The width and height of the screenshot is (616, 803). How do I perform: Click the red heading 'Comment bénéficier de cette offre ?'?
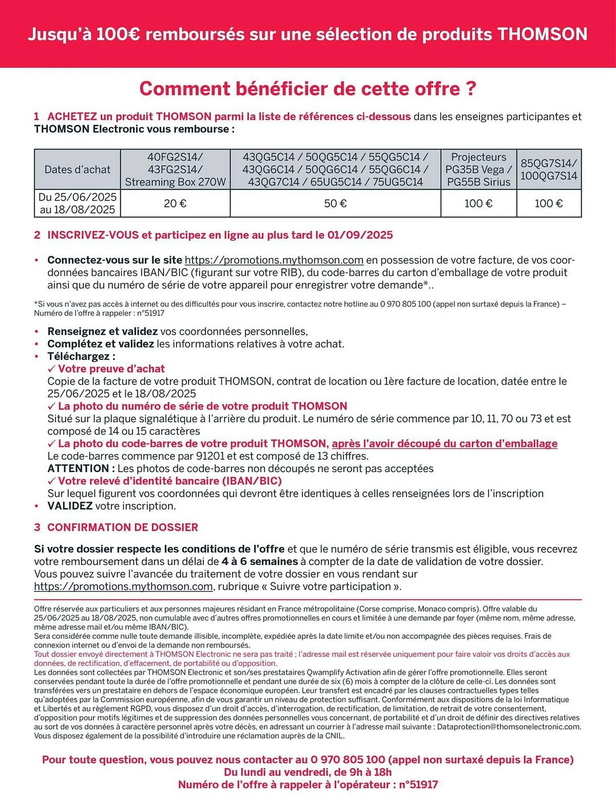pos(308,89)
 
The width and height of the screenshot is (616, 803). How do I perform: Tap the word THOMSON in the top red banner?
pos(543,35)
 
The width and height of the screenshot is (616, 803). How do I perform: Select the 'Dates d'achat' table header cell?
pos(77,169)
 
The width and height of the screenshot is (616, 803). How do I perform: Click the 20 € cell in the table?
pos(175,204)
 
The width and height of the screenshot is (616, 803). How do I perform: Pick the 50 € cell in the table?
pos(335,204)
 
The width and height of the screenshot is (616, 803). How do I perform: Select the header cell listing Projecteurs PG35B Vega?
pos(478,169)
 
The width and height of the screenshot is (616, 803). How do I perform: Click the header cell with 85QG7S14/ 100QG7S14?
pos(549,169)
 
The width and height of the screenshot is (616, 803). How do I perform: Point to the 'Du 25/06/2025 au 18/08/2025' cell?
pos(77,204)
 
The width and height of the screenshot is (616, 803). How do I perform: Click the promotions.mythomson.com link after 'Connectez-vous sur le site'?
pos(274,260)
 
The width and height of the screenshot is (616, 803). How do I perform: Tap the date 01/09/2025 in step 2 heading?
pos(360,235)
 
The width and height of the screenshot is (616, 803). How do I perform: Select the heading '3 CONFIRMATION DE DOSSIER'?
pos(116,527)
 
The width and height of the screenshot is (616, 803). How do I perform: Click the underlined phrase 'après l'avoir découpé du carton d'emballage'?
pos(444,444)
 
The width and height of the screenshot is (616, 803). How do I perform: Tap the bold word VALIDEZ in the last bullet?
pos(70,506)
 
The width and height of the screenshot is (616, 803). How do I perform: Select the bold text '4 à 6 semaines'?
pos(259,562)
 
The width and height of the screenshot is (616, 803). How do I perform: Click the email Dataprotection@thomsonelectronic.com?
pos(508,727)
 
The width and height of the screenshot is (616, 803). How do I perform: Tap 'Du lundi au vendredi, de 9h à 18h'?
pos(308,772)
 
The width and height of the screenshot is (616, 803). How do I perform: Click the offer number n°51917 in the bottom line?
pos(418,785)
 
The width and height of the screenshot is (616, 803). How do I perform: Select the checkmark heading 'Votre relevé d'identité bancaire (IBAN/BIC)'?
pos(169,481)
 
